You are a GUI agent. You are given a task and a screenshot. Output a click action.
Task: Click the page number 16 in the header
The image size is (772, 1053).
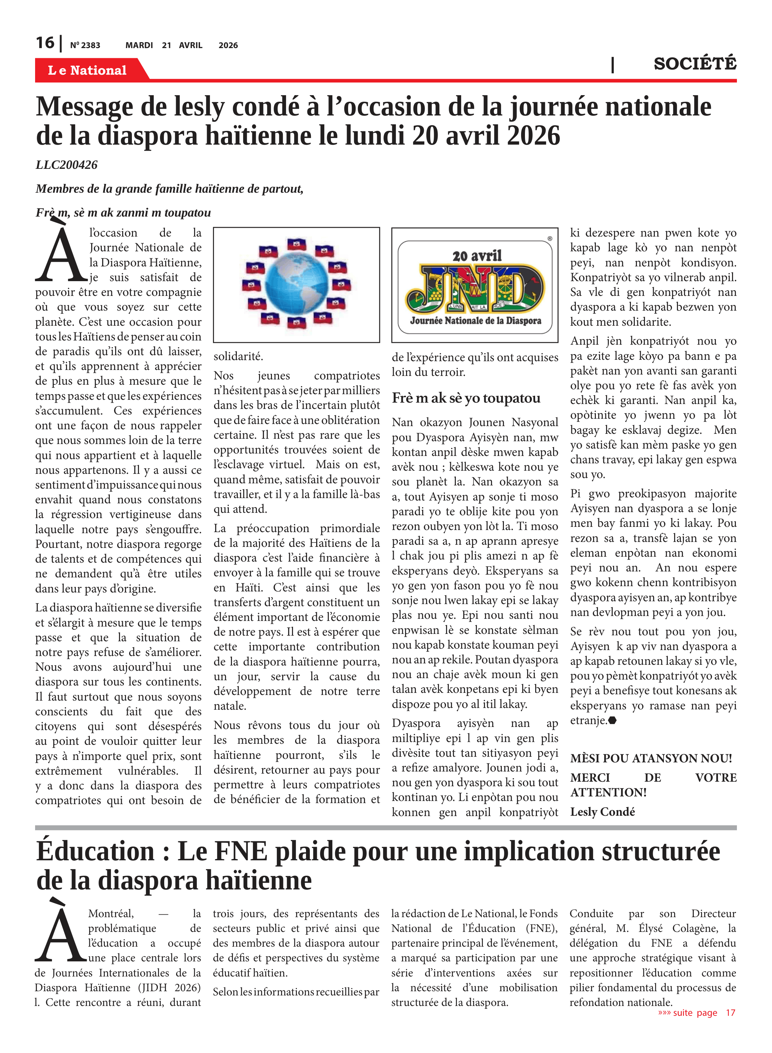pos(45,43)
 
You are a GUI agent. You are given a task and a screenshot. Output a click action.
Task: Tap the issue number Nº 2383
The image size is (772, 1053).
pos(85,45)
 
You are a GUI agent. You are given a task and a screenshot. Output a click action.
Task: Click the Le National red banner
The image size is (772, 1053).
pos(87,70)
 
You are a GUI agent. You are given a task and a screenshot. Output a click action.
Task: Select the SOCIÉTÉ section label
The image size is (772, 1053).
pos(694,64)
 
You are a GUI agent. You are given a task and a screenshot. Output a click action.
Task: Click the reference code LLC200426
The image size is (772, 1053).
pos(67,165)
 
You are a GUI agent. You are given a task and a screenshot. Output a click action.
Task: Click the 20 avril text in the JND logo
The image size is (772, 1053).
pos(477,256)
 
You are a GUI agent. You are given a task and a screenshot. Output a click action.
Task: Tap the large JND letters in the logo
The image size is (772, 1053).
pos(475,289)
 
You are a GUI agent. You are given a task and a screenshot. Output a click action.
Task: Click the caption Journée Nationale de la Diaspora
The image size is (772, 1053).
pos(475,320)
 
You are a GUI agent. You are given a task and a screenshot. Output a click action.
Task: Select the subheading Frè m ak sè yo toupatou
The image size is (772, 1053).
pos(466,398)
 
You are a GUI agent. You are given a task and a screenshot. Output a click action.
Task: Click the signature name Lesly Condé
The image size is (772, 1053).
pos(603,812)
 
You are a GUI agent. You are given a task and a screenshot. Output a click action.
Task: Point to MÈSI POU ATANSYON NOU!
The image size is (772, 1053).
pos(651,758)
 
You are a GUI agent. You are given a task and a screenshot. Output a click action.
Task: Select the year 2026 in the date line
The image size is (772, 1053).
pos(228,45)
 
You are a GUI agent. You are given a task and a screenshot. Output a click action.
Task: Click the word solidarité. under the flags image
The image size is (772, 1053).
pos(238,357)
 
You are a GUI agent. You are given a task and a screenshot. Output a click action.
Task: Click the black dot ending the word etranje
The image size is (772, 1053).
pos(613,720)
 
